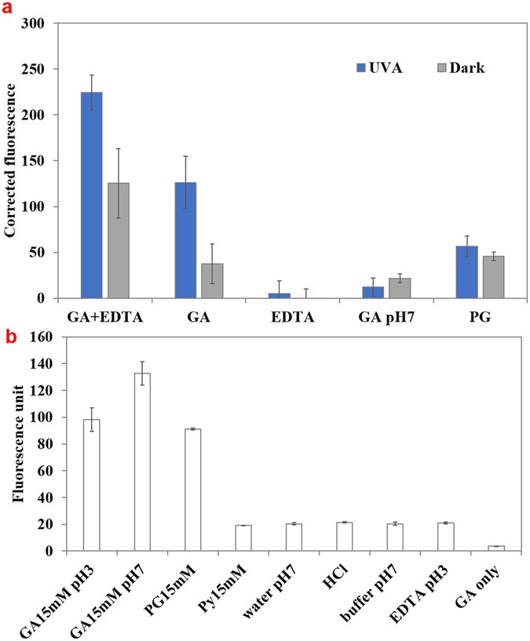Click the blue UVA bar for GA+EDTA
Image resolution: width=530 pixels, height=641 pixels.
pyautogui.click(x=91, y=195)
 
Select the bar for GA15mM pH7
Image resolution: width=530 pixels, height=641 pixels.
pyautogui.click(x=141, y=462)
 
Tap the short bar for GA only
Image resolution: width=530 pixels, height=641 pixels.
pyautogui.click(x=495, y=548)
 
